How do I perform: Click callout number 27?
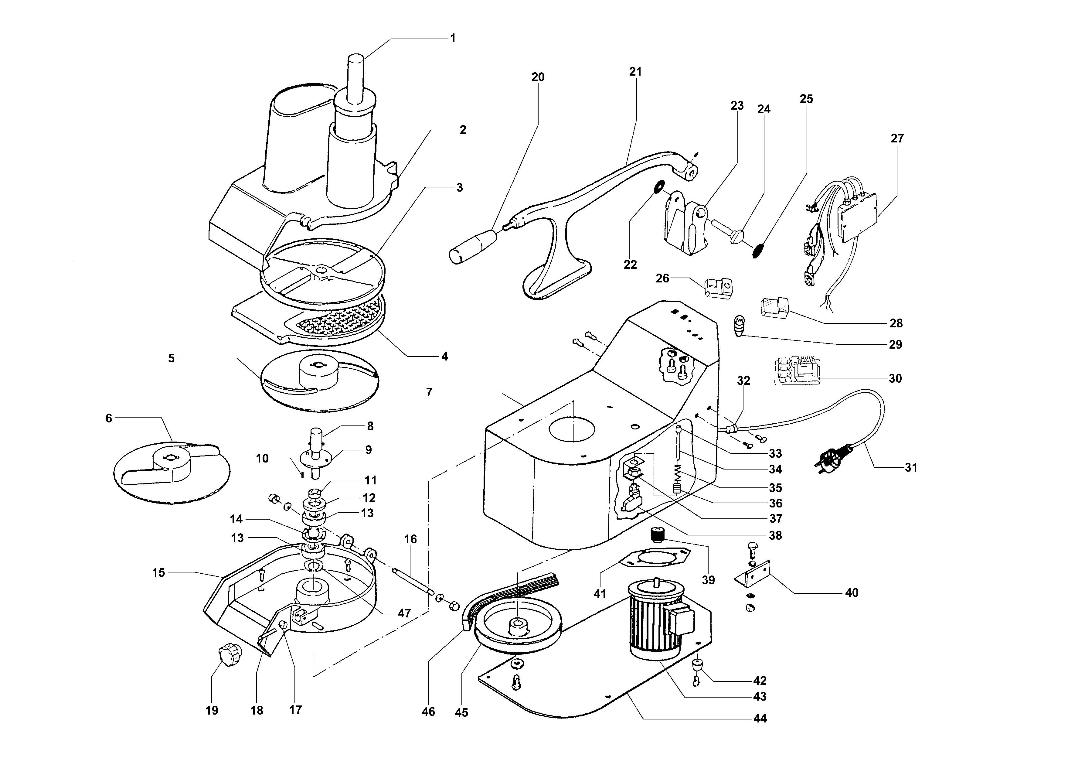(897, 138)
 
